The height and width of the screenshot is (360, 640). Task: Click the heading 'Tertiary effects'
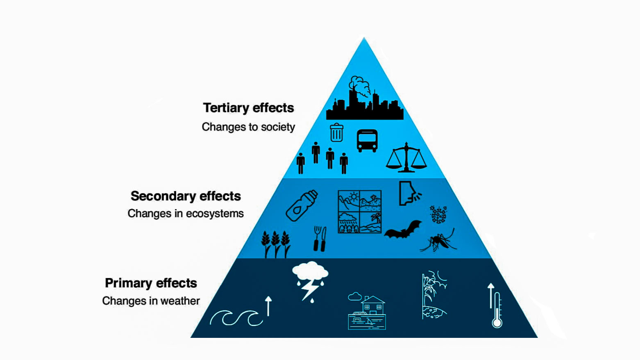[x=248, y=108]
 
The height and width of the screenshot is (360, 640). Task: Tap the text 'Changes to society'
[x=248, y=127]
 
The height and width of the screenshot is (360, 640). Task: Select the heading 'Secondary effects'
[x=186, y=196]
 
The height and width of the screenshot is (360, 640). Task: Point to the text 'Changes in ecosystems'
[x=186, y=214]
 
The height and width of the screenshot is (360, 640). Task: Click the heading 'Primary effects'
[x=151, y=283]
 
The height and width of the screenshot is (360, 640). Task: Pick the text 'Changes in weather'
[x=151, y=301]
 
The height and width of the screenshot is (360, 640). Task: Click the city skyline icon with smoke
[x=365, y=98]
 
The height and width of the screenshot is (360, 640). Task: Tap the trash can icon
[x=336, y=132]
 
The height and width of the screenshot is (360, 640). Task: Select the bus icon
[x=367, y=141]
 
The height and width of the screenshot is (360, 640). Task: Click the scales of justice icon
[x=406, y=157]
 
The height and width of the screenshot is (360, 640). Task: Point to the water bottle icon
[x=302, y=205]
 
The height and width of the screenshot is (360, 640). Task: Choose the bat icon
[x=403, y=229]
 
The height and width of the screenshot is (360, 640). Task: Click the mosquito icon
[x=438, y=240]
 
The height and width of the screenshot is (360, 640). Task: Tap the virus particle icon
[x=438, y=214]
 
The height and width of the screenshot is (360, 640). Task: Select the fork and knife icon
[x=320, y=239]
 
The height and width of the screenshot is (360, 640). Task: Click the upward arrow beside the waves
[x=268, y=306]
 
